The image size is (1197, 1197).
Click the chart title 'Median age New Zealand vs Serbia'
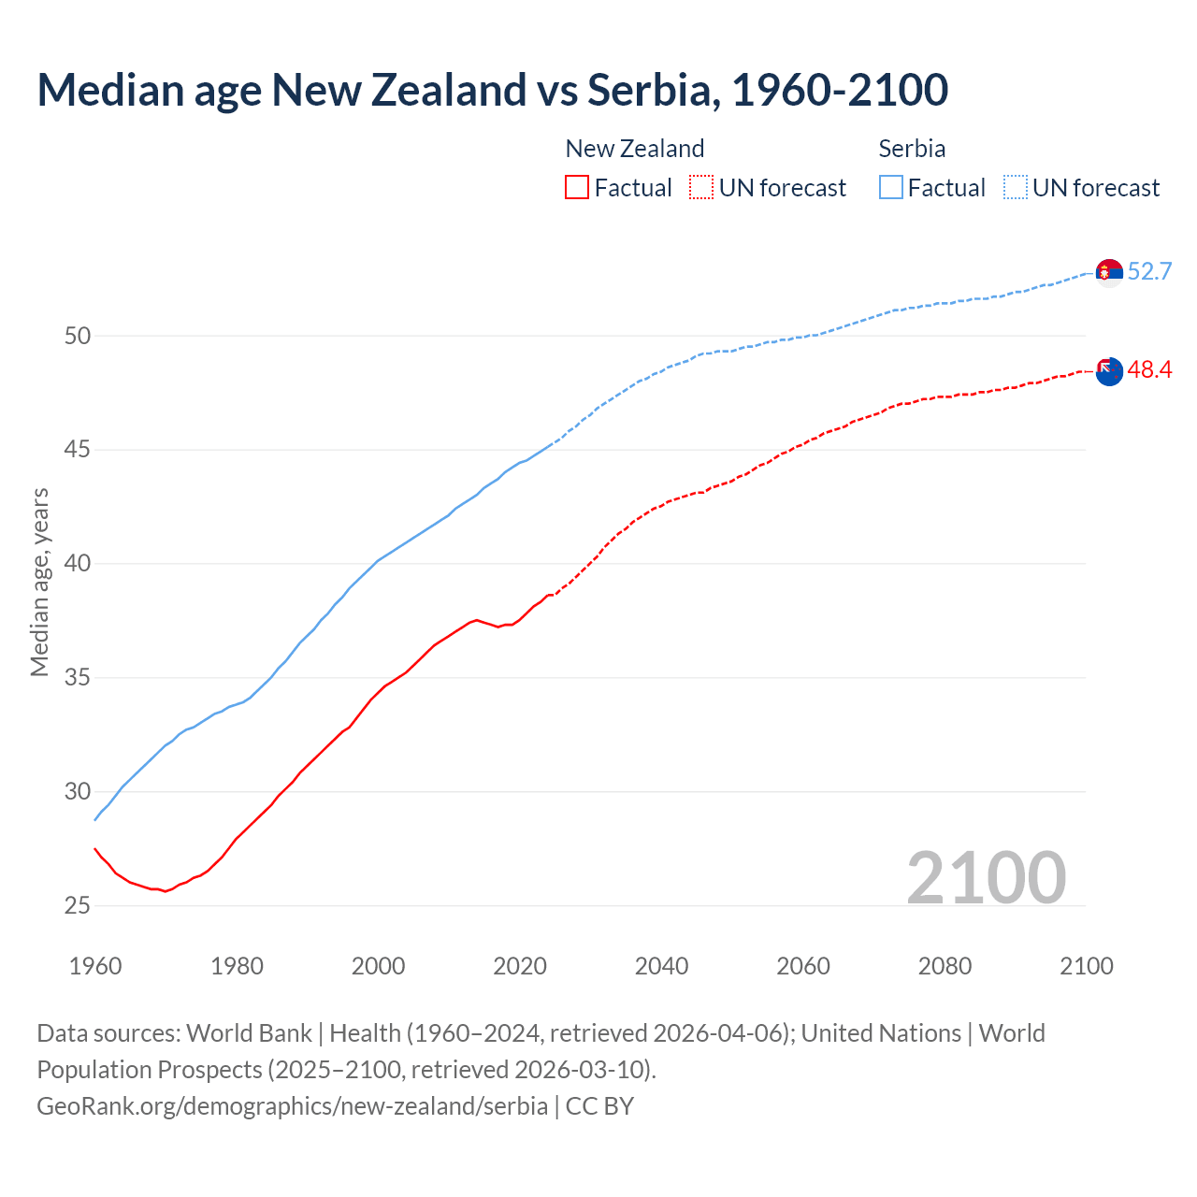pyautogui.click(x=492, y=90)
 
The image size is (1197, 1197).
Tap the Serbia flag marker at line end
pyautogui.click(x=1109, y=272)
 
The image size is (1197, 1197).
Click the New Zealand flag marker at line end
pyautogui.click(x=1109, y=371)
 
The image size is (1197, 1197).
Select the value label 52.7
pyautogui.click(x=1149, y=272)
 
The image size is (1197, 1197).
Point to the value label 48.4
pyautogui.click(x=1149, y=370)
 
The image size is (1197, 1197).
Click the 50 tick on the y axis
pyautogui.click(x=77, y=336)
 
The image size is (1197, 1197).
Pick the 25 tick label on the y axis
pyautogui.click(x=77, y=905)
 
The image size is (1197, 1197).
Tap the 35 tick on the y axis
pyautogui.click(x=77, y=677)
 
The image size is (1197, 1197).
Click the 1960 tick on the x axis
pyautogui.click(x=95, y=966)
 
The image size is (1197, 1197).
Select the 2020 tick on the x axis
pyautogui.click(x=520, y=966)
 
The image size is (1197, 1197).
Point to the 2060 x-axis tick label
pyautogui.click(x=803, y=966)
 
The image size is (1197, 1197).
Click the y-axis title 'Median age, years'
pyautogui.click(x=39, y=582)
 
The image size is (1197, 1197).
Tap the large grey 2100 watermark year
pyautogui.click(x=986, y=877)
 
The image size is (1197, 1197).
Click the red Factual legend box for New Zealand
pyautogui.click(x=577, y=187)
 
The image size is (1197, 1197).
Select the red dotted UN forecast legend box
pyautogui.click(x=701, y=187)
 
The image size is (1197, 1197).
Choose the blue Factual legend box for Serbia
pyautogui.click(x=891, y=187)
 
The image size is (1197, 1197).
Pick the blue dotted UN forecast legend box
pyautogui.click(x=1016, y=187)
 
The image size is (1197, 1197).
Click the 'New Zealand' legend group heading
pyautogui.click(x=635, y=149)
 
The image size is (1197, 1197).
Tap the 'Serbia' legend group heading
pyautogui.click(x=912, y=149)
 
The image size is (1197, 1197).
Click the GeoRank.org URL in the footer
pyautogui.click(x=292, y=1105)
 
